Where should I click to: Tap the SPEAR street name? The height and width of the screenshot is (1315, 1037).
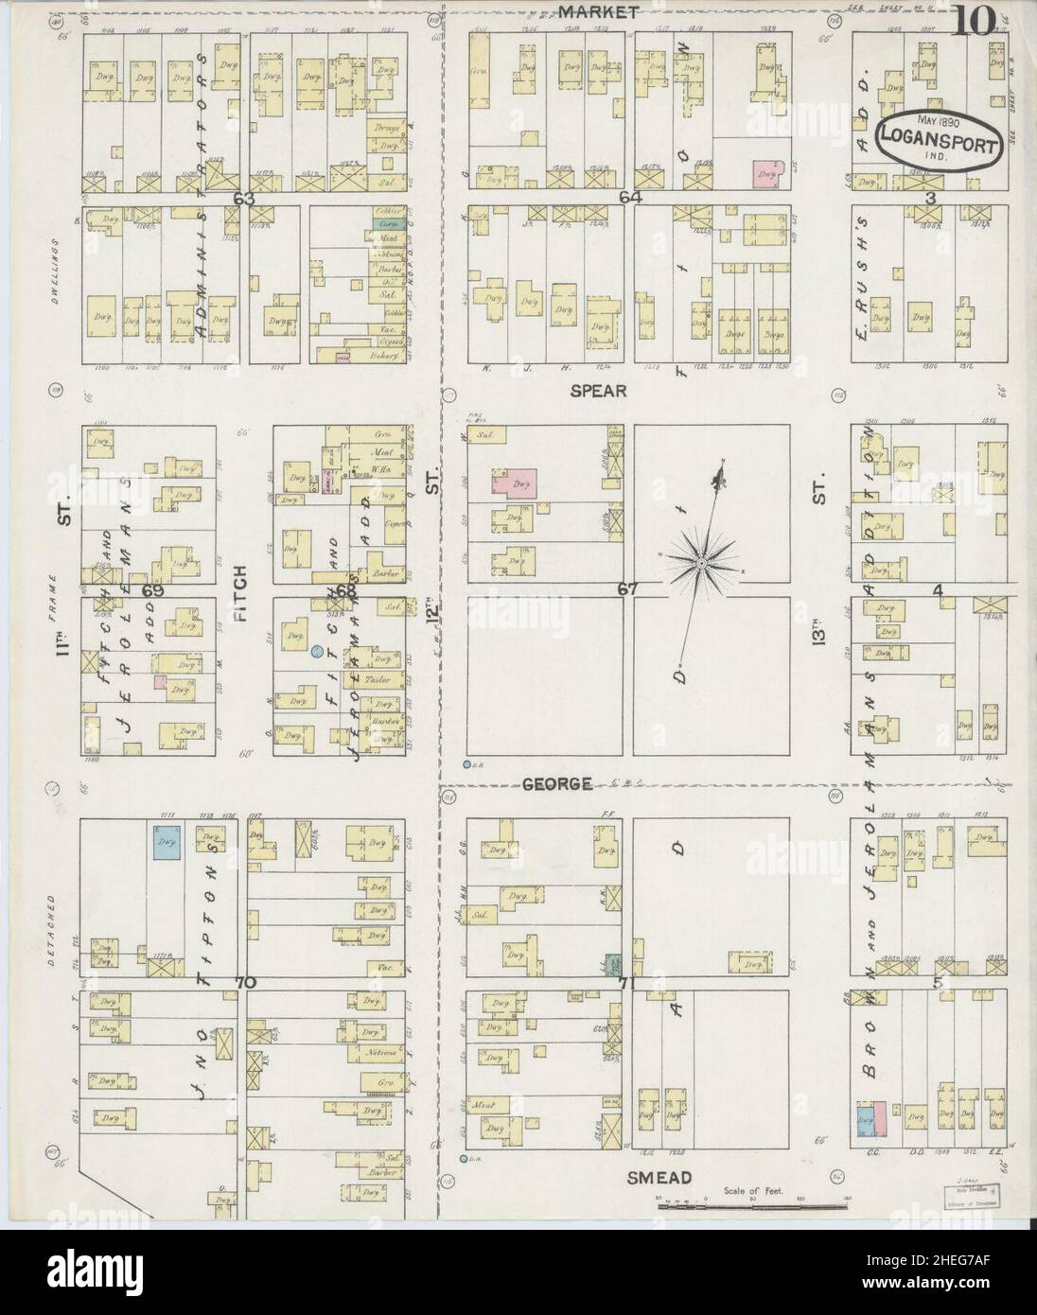pyautogui.click(x=599, y=389)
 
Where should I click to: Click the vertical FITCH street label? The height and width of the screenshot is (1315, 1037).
pyautogui.click(x=240, y=592)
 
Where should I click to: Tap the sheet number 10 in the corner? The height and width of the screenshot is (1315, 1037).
pyautogui.click(x=974, y=21)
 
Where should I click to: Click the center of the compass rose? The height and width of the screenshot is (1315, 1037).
pyautogui.click(x=701, y=563)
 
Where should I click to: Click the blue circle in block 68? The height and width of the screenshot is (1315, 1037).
pyautogui.click(x=318, y=651)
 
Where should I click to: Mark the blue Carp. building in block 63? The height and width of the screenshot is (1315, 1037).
pyautogui.click(x=388, y=225)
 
